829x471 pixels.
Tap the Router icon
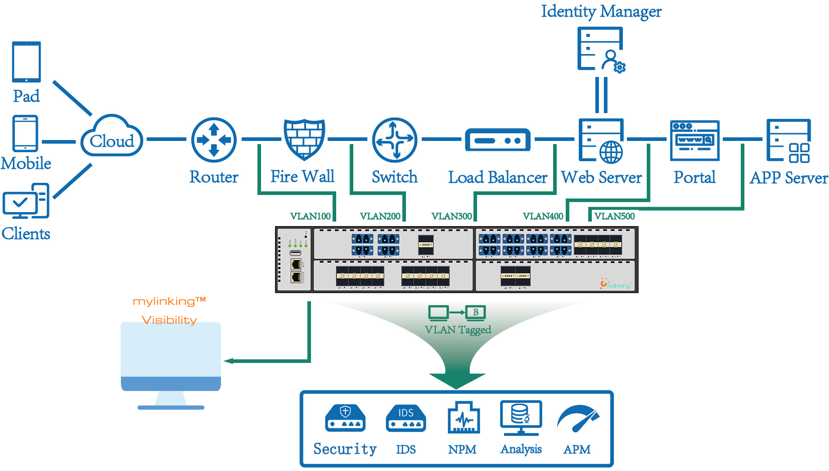(x=214, y=140)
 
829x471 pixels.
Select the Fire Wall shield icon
(x=304, y=139)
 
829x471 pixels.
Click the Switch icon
(x=395, y=140)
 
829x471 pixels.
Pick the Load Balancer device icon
(x=497, y=140)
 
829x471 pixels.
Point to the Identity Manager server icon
(x=601, y=49)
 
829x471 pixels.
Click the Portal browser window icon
(x=694, y=140)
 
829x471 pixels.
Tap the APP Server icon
(x=788, y=140)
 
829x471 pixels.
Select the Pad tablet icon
(x=27, y=62)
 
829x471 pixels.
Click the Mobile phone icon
(x=26, y=133)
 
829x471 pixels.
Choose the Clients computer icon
(x=26, y=201)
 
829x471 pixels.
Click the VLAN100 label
(x=311, y=216)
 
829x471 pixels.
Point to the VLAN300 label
(x=451, y=216)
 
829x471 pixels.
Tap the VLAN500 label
(x=614, y=216)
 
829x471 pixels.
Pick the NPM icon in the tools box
(x=463, y=418)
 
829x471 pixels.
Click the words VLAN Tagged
(x=458, y=330)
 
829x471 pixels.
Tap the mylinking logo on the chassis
(x=616, y=284)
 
